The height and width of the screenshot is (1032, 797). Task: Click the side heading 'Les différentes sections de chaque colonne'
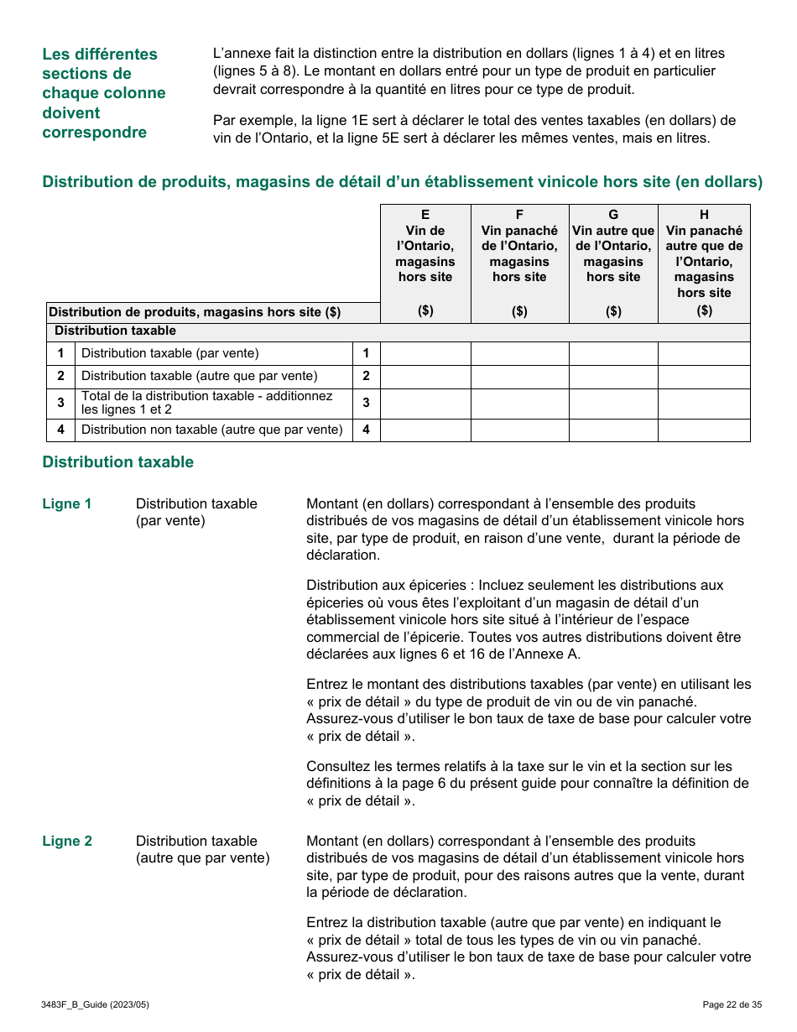(104, 92)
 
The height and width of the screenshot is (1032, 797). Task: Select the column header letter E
(425, 215)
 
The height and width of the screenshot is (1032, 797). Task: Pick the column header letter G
(613, 215)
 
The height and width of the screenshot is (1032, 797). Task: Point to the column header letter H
(704, 215)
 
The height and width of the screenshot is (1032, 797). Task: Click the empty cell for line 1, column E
(425, 353)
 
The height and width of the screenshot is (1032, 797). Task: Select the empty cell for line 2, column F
(519, 377)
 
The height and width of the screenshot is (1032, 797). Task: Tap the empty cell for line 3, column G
(613, 404)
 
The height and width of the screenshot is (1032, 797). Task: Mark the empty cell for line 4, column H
(704, 430)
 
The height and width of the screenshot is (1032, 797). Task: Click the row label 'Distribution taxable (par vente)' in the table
(170, 353)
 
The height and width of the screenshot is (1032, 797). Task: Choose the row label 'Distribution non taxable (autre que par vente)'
(211, 430)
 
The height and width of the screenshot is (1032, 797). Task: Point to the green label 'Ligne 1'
(67, 504)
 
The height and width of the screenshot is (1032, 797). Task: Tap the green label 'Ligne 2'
(67, 842)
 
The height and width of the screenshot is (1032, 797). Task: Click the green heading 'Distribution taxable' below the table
(117, 462)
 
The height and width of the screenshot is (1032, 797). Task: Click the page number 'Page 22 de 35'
(732, 1004)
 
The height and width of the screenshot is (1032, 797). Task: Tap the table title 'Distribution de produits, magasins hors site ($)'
(195, 312)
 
